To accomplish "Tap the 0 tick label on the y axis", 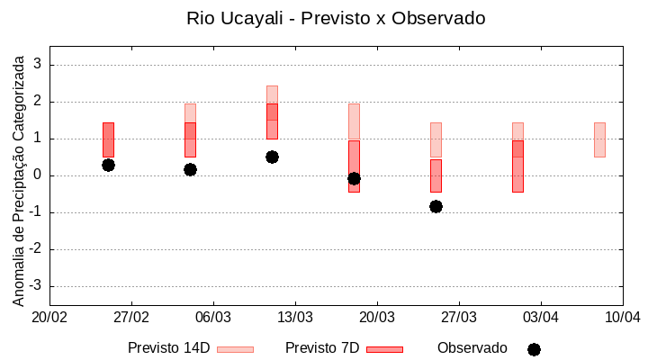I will click(37, 175).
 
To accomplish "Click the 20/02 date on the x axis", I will click(49, 318).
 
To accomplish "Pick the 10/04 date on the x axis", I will click(622, 318).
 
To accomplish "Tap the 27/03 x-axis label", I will click(458, 318).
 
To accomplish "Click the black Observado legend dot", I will click(534, 349).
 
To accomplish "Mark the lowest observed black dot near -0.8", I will click(436, 206).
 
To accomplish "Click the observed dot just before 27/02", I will click(108, 165).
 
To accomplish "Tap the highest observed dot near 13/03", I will click(272, 157).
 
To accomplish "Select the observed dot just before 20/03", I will click(354, 178).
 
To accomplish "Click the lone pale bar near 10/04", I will click(599, 139).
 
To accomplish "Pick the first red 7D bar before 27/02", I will click(108, 139).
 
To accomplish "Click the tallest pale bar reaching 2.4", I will click(272, 94).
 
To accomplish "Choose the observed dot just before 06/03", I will click(190, 169).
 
